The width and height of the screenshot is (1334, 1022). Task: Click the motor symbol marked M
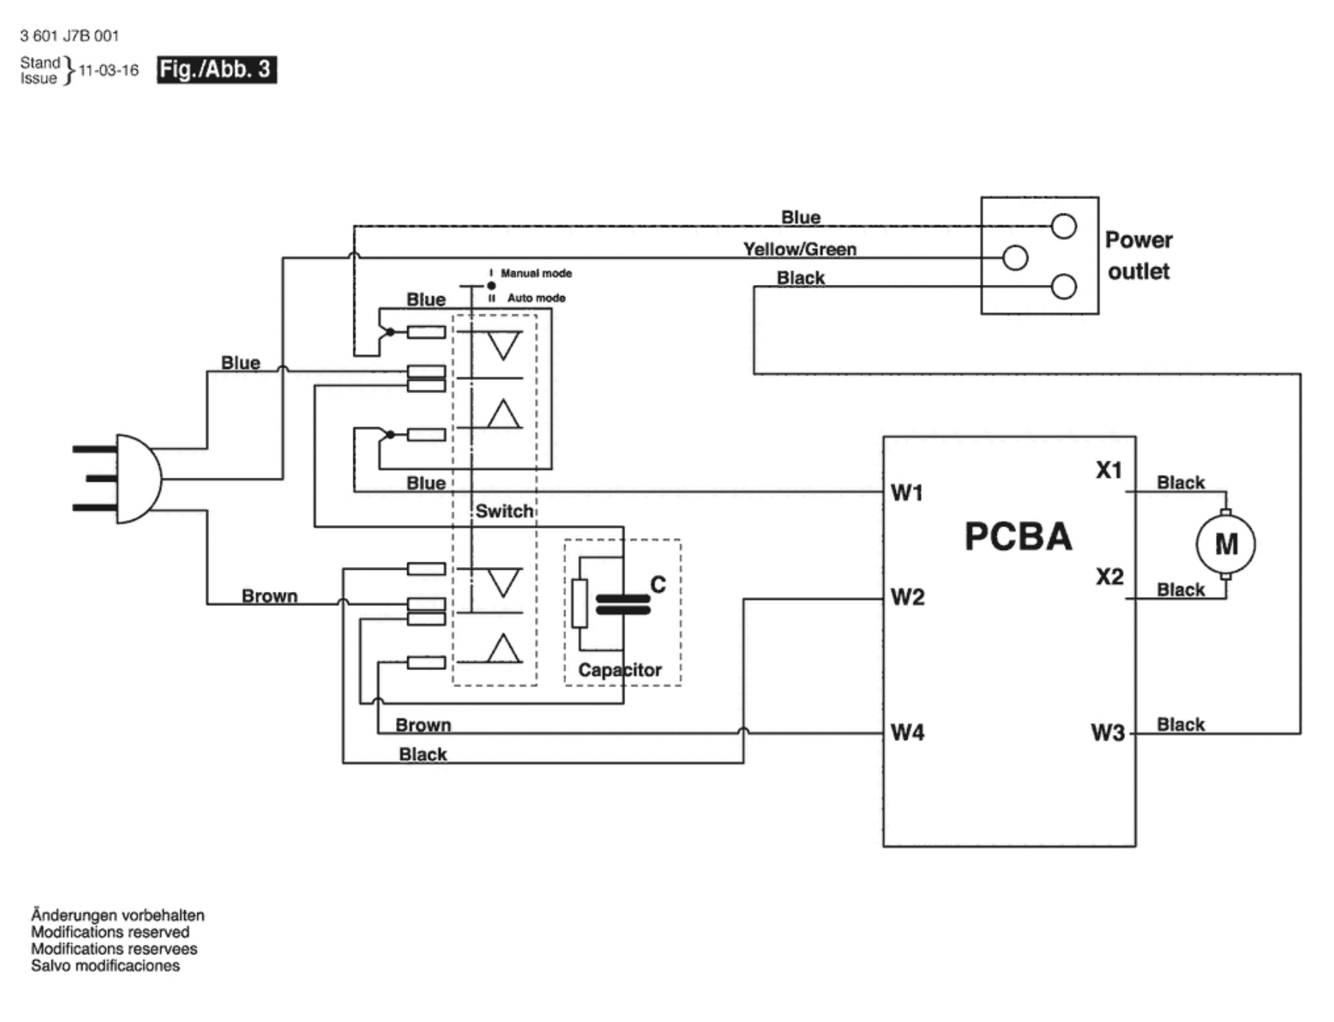1225,544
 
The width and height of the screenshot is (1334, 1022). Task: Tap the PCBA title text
1018,536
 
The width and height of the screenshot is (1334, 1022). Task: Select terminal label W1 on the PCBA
907,493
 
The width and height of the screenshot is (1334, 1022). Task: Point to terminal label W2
907,596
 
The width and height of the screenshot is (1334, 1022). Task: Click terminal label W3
1107,733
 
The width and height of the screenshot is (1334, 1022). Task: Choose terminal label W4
907,733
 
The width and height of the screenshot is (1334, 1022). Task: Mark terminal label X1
1109,470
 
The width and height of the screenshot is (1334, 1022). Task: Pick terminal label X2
1109,576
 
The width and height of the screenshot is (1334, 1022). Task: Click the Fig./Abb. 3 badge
216,70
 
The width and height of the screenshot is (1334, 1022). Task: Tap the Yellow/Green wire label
800,250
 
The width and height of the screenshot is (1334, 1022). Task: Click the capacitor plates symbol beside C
623,605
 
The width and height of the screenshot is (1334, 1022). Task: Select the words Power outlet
1138,255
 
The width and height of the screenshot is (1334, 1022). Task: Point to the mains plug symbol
125,479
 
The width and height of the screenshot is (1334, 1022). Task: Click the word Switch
504,511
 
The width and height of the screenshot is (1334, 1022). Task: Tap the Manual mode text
536,273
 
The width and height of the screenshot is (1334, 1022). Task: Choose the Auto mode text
536,298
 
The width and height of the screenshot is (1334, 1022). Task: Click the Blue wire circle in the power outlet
1063,226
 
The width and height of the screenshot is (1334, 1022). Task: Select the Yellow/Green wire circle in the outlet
1015,258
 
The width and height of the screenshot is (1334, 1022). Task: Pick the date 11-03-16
108,71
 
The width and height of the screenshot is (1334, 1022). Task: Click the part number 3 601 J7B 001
69,35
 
